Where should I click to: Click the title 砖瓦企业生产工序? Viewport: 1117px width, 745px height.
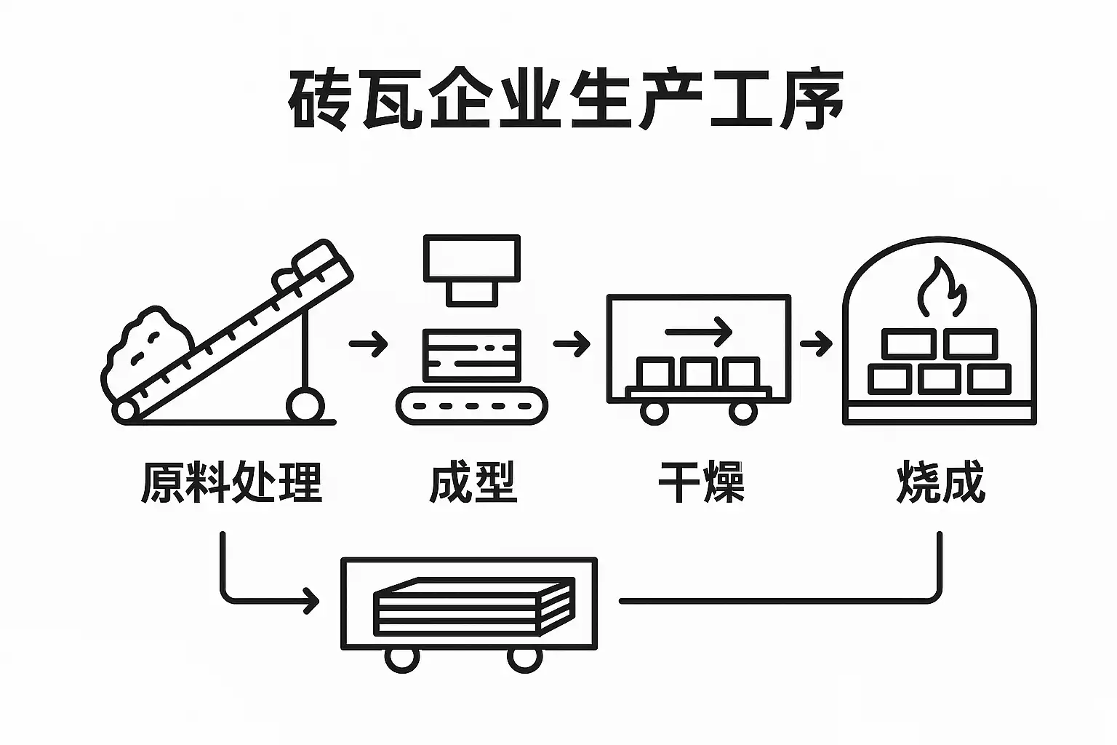click(x=566, y=100)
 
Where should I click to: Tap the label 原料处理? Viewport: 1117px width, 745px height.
click(x=231, y=482)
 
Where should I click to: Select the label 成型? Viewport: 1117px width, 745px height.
click(x=473, y=482)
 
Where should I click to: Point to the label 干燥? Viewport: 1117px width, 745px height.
click(x=701, y=482)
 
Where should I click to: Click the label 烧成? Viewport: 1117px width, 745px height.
click(x=940, y=482)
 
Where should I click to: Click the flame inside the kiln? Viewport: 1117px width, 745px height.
click(x=942, y=287)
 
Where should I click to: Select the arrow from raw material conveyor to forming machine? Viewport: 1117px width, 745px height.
click(x=368, y=344)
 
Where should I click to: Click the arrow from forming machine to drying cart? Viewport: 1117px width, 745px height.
click(x=572, y=344)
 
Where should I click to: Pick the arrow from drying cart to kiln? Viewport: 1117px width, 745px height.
click(x=816, y=344)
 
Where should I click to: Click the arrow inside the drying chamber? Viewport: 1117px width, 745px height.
click(x=698, y=331)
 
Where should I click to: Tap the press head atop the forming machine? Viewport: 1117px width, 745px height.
click(x=472, y=270)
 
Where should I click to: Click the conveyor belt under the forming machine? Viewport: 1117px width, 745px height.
click(x=472, y=406)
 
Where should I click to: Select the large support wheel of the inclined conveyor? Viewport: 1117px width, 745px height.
click(x=305, y=405)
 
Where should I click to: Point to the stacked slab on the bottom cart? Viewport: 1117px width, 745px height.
click(x=473, y=607)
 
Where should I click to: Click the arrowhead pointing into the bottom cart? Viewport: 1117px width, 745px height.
click(x=311, y=600)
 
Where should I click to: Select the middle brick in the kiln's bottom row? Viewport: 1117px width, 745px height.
click(x=940, y=379)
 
